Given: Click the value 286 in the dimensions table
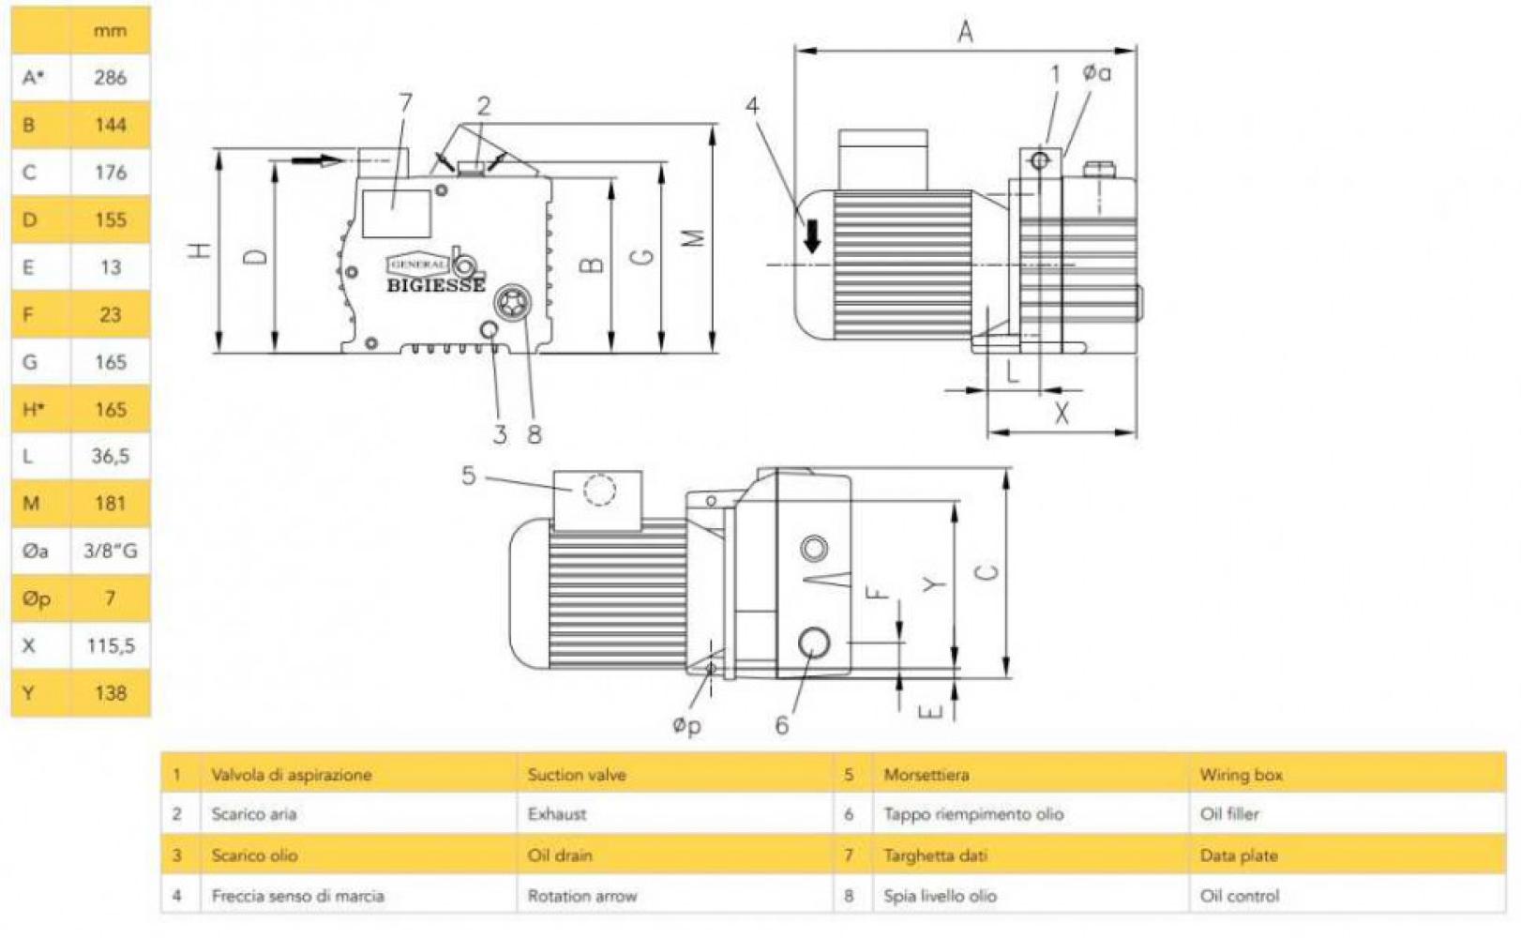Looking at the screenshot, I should [x=110, y=77].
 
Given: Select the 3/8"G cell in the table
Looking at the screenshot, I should [x=110, y=551].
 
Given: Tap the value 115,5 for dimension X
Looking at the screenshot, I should [x=110, y=645].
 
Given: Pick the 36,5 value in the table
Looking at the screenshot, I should [x=110, y=456].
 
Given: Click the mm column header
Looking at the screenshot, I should [x=110, y=30].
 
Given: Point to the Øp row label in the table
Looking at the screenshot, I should [x=36, y=598].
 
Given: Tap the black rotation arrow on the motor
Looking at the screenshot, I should [x=812, y=235].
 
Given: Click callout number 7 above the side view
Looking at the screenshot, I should [x=405, y=102].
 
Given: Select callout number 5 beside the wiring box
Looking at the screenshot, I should [x=469, y=476].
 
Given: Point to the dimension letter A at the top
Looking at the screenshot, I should [x=965, y=33].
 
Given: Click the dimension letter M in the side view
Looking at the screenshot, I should [x=694, y=238].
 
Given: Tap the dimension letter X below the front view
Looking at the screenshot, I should [x=1061, y=413].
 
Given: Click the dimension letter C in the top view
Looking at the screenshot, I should [x=987, y=569].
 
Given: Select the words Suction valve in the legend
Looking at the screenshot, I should [x=576, y=775].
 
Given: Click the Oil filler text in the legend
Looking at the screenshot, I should [x=1228, y=814].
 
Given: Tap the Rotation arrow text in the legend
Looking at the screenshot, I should [x=581, y=896].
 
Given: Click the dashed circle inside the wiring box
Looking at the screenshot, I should [x=598, y=491].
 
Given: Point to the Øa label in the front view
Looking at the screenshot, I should [x=1095, y=72].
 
